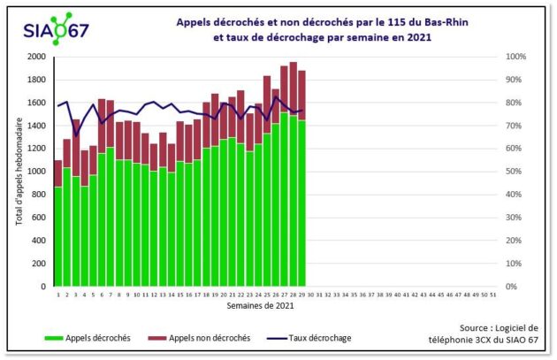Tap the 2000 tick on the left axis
(36, 57)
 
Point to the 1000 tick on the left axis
(36, 172)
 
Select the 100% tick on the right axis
(491, 57)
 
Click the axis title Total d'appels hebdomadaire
(19, 172)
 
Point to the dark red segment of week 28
(294, 88)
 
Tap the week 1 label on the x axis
(58, 295)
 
